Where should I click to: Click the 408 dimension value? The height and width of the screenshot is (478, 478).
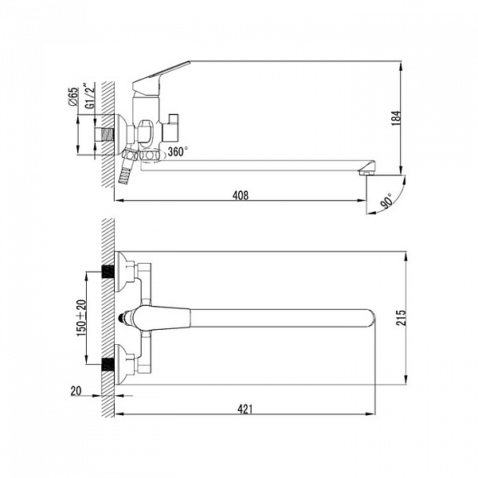[x=241, y=195]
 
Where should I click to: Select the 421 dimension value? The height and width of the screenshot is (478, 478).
[x=245, y=409]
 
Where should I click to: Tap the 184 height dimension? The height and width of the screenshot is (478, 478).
[x=397, y=118]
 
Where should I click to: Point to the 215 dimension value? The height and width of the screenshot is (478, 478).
[x=402, y=318]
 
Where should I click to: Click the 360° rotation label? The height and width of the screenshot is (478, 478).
[x=178, y=151]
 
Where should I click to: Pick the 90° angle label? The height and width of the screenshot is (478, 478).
[x=387, y=201]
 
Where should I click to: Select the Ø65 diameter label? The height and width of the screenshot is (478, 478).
[x=73, y=96]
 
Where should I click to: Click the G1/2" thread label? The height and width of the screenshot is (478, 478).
[x=90, y=96]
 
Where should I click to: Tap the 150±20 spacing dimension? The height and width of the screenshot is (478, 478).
[x=81, y=318]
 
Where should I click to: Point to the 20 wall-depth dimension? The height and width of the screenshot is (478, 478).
[x=76, y=391]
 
